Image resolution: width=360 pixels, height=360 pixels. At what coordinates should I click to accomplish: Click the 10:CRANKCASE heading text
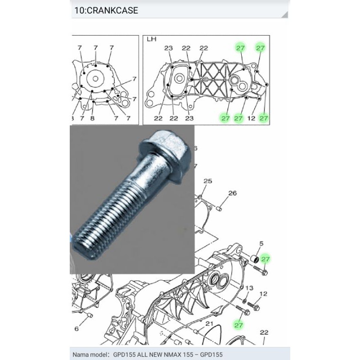pyautogui.click(x=106, y=10)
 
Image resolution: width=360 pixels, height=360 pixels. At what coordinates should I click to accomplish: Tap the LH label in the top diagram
pyautogui.click(x=151, y=39)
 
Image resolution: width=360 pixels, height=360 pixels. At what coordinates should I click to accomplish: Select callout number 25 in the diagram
pyautogui.click(x=207, y=181)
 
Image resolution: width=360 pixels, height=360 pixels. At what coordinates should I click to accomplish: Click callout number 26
pyautogui.click(x=232, y=193)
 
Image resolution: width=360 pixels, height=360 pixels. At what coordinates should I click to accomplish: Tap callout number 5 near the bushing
pyautogui.click(x=261, y=243)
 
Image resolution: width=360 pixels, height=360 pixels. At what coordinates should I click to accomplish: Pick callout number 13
pyautogui.click(x=249, y=288)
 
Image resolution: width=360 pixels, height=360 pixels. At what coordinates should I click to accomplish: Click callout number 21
pyautogui.click(x=209, y=324)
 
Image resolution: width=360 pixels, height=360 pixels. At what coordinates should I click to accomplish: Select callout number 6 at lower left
pyautogui.click(x=76, y=329)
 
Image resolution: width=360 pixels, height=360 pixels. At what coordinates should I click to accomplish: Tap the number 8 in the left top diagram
pyautogui.click(x=92, y=118)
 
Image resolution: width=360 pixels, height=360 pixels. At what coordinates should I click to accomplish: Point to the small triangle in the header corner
pyautogui.click(x=285, y=15)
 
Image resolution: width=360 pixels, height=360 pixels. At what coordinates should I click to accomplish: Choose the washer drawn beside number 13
pyautogui.click(x=245, y=300)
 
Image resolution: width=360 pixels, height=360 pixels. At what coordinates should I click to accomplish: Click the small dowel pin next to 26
pyautogui.click(x=220, y=209)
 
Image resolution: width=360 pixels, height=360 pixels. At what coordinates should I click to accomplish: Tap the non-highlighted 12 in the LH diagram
pyautogui.click(x=252, y=118)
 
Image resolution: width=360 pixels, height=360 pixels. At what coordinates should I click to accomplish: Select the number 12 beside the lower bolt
pyautogui.click(x=263, y=294)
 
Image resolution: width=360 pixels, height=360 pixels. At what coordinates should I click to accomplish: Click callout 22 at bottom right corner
pyautogui.click(x=264, y=333)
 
